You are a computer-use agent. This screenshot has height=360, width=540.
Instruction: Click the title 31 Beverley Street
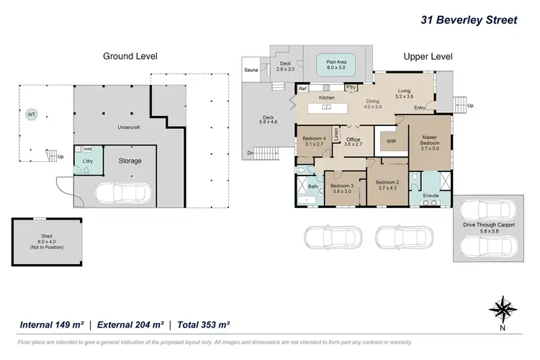pyautogui.click(x=468, y=19)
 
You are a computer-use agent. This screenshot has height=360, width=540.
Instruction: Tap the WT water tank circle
pyautogui.click(x=31, y=114)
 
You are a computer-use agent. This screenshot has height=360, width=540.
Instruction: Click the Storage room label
pyautogui.click(x=130, y=161)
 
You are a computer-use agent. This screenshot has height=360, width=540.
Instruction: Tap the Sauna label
pyautogui.click(x=251, y=70)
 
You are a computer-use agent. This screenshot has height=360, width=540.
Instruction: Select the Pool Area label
pyautogui.click(x=337, y=62)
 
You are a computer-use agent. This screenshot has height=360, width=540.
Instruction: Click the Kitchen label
pyautogui.click(x=327, y=96)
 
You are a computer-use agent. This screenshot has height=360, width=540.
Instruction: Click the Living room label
pyautogui.click(x=405, y=91)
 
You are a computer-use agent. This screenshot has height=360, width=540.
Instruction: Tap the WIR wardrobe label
pyautogui.click(x=392, y=142)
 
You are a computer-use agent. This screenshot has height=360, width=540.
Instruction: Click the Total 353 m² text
pyautogui.click(x=203, y=325)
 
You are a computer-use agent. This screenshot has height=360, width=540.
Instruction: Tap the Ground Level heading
pyautogui.click(x=130, y=56)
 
